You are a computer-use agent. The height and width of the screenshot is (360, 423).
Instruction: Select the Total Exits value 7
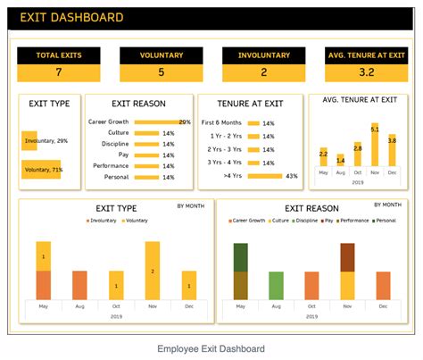[x=59, y=72]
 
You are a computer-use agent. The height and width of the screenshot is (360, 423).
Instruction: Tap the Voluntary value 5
[x=161, y=72]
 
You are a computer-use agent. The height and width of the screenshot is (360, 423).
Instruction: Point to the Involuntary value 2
[x=263, y=72]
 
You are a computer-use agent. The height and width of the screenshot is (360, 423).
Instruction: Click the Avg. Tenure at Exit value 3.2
[x=366, y=72]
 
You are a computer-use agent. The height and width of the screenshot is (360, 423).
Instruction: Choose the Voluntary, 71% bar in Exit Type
[x=40, y=169]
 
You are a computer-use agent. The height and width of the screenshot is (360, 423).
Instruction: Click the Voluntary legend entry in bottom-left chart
[x=136, y=219]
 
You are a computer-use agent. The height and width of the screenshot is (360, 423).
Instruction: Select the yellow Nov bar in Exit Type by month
[x=153, y=270]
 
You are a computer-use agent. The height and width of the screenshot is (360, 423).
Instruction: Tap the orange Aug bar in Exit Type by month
[x=79, y=285]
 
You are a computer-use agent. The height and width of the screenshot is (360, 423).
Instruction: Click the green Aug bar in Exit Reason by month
[x=276, y=285]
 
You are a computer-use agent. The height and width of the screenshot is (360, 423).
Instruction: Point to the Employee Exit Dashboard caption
[x=211, y=348]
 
